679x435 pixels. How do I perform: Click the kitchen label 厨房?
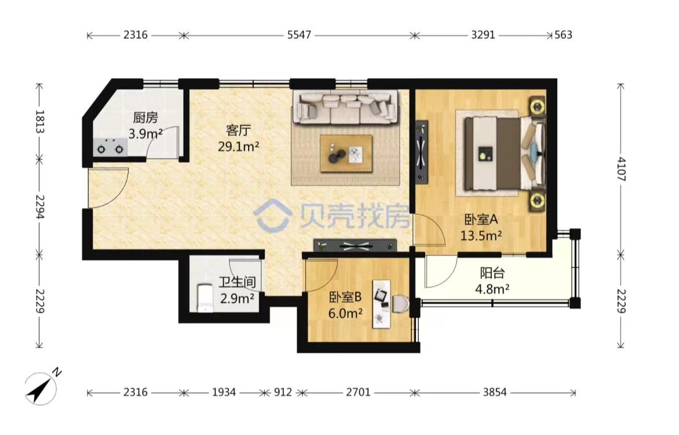coord(145,118)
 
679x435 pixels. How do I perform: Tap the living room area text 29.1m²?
coord(238,147)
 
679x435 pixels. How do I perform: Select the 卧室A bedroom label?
coord(481,220)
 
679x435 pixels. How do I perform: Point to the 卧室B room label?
coord(345,297)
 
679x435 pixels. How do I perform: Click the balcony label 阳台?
coord(492,273)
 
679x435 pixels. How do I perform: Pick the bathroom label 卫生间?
coord(237,283)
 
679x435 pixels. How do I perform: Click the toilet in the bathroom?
coord(205,297)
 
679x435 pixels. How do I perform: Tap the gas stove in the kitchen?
coord(110,148)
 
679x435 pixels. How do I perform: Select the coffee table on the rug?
coord(346,153)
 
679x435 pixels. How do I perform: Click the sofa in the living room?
coord(345,107)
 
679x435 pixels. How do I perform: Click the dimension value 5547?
coord(299,35)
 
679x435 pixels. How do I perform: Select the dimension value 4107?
coord(622,169)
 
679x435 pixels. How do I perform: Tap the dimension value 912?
coord(283,393)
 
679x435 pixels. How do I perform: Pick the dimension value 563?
coord(563,35)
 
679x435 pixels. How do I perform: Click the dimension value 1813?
coord(40,122)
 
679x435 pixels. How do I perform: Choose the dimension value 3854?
coord(495,393)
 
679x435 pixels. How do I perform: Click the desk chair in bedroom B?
coord(400,304)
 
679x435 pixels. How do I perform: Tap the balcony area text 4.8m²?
coord(492,288)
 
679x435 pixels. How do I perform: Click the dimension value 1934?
coord(224,393)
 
